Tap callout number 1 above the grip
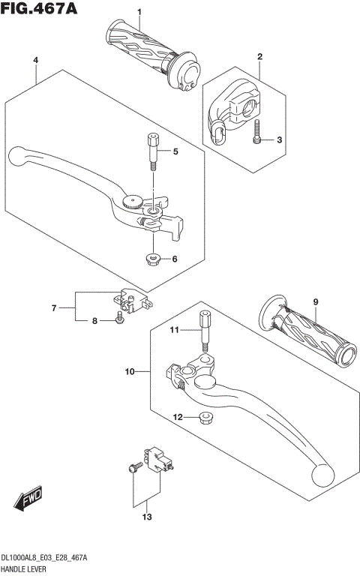139,11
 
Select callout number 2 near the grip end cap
259,56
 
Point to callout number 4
35,59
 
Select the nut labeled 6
153,259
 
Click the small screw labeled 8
119,322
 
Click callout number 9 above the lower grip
316,301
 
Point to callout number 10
130,371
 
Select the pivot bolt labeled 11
203,329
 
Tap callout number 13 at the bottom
148,517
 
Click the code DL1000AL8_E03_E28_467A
44,559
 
